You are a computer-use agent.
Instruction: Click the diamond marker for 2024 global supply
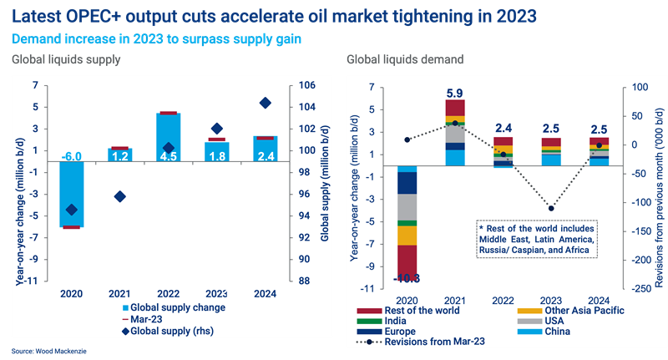tap(265, 103)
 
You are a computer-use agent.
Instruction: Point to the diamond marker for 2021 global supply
tap(119, 196)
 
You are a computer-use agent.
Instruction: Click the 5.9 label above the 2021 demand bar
tap(454, 94)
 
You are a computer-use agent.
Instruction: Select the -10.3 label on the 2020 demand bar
tap(407, 277)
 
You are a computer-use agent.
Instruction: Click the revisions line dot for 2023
tap(551, 208)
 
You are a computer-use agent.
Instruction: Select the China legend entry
tap(552, 329)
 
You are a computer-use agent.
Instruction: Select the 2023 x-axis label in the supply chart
tap(216, 293)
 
